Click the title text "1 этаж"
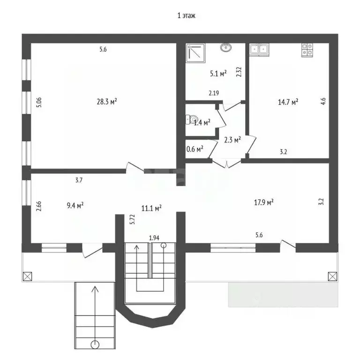click(186, 15)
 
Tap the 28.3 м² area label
click(107, 101)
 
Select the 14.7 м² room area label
click(288, 102)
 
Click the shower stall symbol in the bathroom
click(195, 53)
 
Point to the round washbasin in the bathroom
click(226, 47)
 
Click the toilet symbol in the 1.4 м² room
click(191, 120)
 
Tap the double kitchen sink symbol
click(259, 50)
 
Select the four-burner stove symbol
click(307, 50)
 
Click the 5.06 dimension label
click(39, 102)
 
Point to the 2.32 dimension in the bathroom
click(239, 72)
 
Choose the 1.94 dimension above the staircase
click(154, 238)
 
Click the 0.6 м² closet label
click(195, 149)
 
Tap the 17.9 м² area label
click(263, 202)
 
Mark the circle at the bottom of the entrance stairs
click(95, 345)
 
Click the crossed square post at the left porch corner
click(27, 276)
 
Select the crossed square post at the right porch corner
click(332, 276)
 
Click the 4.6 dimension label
click(323, 101)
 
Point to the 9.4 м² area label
click(75, 205)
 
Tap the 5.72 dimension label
click(132, 219)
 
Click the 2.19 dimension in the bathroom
click(214, 93)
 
